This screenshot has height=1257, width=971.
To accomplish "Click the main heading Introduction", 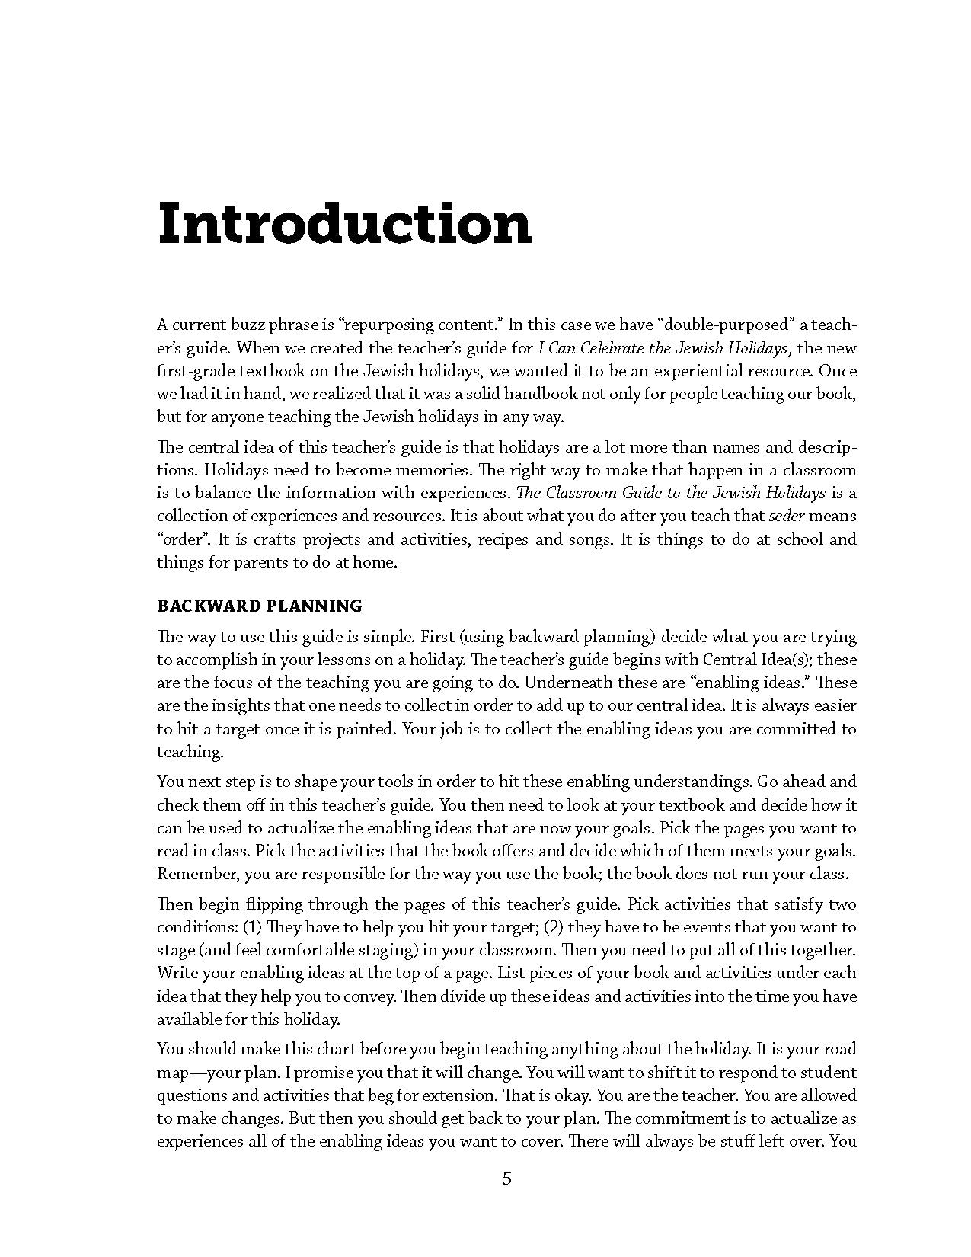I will point(344,224).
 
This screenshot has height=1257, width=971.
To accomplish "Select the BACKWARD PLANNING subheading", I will point(260,606).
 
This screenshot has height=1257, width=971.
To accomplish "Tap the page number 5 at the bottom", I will point(507,1180).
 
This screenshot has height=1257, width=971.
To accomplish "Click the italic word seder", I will point(786,516).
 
